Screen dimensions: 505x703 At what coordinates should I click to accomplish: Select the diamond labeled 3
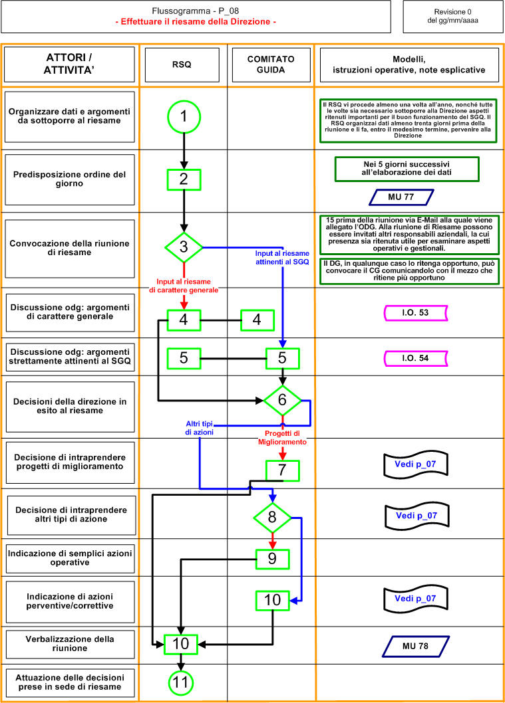(x=184, y=247)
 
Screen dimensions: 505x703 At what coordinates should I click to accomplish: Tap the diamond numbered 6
(x=282, y=400)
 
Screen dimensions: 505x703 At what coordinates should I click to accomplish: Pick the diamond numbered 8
(x=272, y=518)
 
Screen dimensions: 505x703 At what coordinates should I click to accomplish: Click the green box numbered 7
(x=282, y=470)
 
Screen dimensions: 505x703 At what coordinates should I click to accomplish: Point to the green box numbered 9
(x=273, y=559)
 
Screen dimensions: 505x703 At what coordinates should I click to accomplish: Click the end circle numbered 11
(x=180, y=682)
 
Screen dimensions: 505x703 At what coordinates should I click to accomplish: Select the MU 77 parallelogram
(x=401, y=197)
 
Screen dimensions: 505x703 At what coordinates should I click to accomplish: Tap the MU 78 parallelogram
(x=416, y=647)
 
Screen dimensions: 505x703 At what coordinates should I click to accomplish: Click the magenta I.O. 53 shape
(x=416, y=313)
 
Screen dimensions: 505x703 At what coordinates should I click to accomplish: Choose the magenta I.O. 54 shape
(x=416, y=358)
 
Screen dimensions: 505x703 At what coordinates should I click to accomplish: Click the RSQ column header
(x=182, y=64)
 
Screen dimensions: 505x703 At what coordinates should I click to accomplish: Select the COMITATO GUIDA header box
(x=271, y=64)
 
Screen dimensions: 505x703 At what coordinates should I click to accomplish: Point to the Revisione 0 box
(x=453, y=17)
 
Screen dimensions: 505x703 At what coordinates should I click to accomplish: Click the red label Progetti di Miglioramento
(x=282, y=438)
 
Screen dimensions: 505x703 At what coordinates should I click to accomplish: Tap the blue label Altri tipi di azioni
(x=200, y=428)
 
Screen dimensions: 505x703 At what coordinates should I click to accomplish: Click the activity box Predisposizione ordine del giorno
(x=70, y=179)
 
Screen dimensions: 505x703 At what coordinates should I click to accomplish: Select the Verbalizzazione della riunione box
(x=70, y=645)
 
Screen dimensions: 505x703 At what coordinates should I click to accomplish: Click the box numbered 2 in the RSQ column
(x=184, y=179)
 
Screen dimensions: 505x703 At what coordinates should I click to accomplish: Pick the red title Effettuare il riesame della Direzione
(x=196, y=21)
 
